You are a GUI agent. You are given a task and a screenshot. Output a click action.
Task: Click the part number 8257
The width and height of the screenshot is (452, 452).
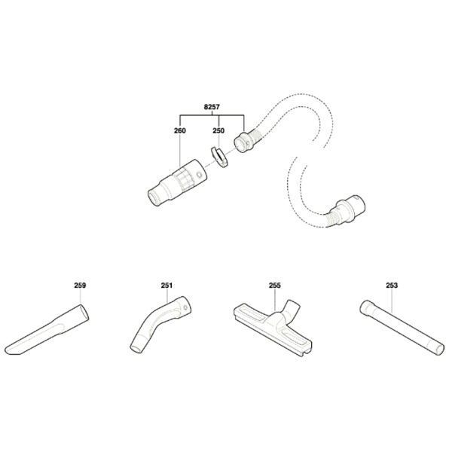tap(212, 107)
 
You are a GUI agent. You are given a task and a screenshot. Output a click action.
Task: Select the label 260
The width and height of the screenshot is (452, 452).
tap(180, 130)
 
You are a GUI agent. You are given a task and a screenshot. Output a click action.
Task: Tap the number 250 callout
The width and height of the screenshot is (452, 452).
tap(218, 130)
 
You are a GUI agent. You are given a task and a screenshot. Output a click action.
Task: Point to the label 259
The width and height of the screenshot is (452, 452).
tap(80, 286)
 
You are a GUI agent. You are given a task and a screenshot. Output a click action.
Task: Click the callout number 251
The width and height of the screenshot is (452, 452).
tap(166, 286)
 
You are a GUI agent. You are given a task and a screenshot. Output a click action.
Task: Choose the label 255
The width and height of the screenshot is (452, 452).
tap(274, 286)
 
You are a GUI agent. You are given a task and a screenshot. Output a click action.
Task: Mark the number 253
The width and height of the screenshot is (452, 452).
tap(392, 286)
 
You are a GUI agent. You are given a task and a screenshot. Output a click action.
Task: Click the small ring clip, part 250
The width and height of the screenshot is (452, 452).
tap(219, 157)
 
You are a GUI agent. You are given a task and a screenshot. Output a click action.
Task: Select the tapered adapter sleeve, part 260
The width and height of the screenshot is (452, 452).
tap(177, 182)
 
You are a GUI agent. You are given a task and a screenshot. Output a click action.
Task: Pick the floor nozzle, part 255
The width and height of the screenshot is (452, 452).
tap(273, 328)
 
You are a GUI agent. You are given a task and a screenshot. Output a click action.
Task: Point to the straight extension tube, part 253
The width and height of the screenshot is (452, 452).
tap(402, 328)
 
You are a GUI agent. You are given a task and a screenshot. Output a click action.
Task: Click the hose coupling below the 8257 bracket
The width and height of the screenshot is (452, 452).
tap(244, 142)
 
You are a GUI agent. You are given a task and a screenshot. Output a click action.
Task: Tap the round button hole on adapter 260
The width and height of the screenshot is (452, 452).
tap(198, 175)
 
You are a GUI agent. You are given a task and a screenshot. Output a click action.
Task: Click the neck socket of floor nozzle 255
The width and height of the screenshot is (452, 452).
tap(292, 307)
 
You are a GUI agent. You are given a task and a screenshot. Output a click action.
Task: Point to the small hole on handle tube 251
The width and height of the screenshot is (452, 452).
tap(185, 307)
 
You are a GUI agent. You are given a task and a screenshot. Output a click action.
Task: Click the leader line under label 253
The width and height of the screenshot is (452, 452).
tap(392, 301)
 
